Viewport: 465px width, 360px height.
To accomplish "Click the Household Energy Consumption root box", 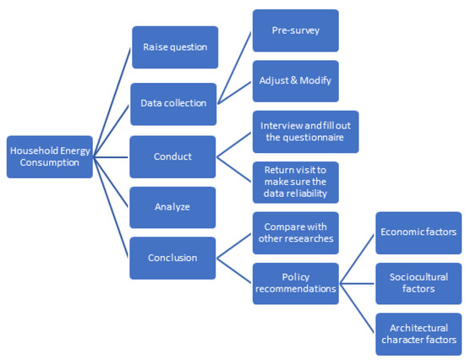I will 49,156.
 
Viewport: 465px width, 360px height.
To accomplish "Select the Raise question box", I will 175,47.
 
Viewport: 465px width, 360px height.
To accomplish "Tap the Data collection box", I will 172,103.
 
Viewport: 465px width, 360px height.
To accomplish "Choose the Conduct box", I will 172,156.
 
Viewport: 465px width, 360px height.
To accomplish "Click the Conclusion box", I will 172,259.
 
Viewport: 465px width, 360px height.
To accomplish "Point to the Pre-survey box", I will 295,30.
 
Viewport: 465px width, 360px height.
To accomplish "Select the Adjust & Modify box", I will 295,81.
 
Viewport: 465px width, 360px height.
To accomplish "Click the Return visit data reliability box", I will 295,183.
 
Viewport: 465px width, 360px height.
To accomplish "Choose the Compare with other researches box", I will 295,233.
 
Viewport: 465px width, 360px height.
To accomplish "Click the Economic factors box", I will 418,232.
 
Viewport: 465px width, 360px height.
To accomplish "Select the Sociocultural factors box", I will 418,283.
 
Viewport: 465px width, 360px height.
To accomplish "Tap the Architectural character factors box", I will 418,334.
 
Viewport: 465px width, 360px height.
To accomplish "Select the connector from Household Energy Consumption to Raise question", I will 112,102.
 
